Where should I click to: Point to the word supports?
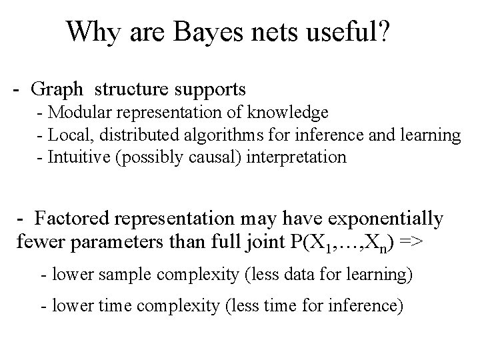pos(213,89)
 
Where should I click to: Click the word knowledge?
pos(288,112)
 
